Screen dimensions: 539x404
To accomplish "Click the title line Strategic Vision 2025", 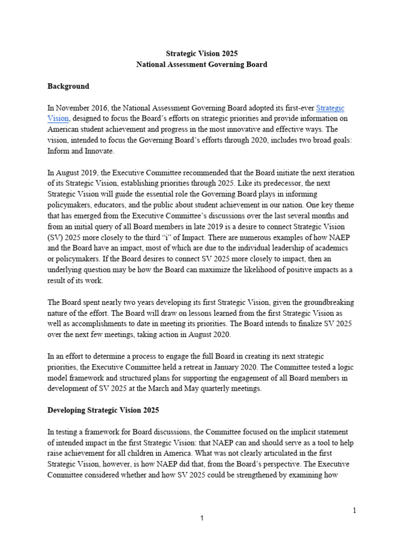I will click(202, 54).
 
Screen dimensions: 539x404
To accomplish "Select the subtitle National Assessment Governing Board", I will click(202, 65).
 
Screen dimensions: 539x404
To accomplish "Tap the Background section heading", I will click(68, 86).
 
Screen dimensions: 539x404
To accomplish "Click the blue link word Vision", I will click(58, 118).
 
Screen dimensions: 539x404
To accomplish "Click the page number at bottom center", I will click(202, 518).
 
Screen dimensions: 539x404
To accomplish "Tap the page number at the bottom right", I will click(354, 510).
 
